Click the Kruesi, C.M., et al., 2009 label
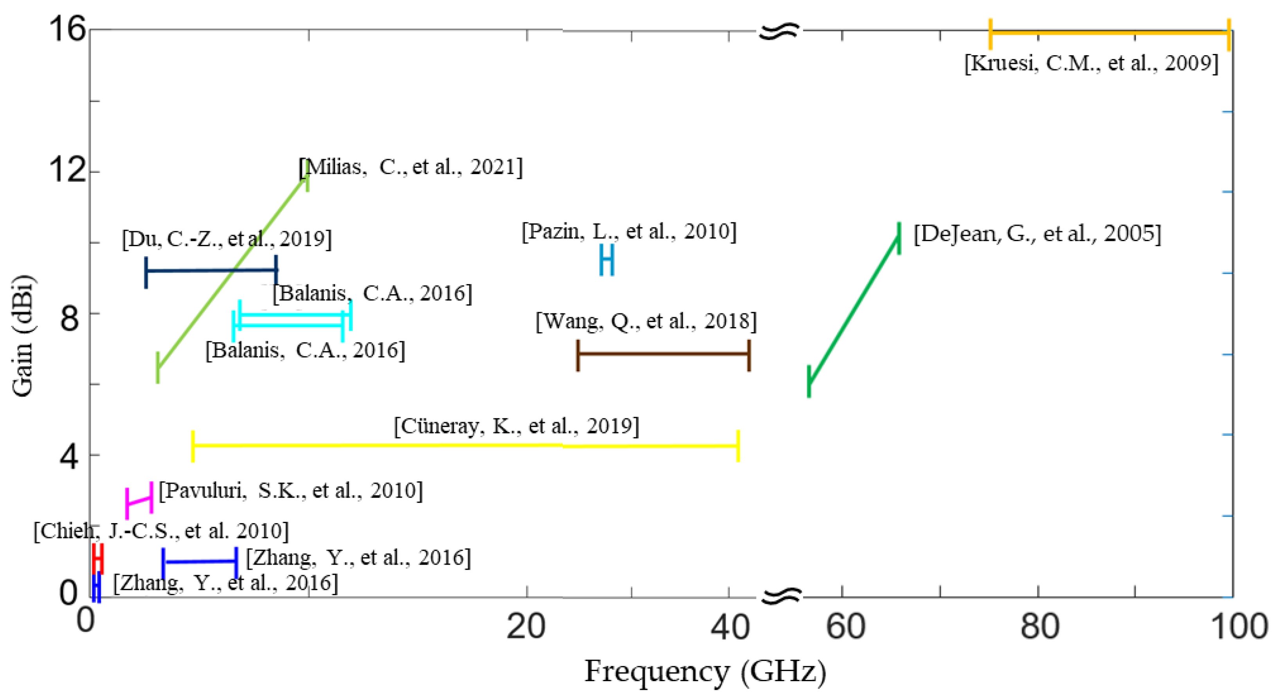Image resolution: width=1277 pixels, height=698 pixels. [1091, 63]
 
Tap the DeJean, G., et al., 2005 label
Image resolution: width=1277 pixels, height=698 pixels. [1037, 234]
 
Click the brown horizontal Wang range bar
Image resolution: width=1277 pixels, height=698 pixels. [663, 354]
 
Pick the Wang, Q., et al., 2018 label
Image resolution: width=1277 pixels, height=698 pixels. [646, 321]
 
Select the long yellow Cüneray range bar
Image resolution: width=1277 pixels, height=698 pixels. [465, 445]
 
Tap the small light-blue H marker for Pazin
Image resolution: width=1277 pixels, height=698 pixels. [607, 259]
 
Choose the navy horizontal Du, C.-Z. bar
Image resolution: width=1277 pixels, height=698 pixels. [211, 270]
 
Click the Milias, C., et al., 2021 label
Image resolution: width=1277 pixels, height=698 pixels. [411, 167]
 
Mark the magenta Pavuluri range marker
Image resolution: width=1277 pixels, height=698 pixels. [139, 501]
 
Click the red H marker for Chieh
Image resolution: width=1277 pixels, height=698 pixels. [98, 558]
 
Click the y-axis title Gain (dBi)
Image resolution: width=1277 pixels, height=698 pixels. [22, 335]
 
